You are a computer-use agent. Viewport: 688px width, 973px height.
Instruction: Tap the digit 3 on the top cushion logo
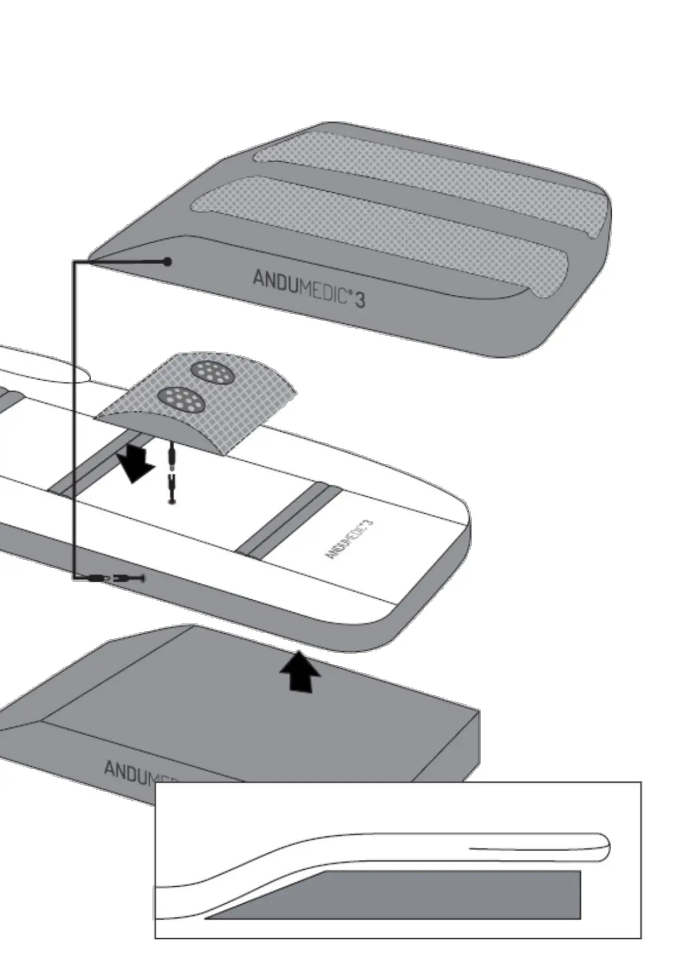click(x=359, y=299)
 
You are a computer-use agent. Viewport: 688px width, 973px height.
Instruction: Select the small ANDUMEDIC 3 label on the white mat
click(x=349, y=539)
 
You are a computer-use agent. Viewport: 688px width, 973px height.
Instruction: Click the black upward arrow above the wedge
click(x=299, y=671)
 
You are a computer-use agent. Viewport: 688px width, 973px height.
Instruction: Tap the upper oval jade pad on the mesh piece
click(x=213, y=372)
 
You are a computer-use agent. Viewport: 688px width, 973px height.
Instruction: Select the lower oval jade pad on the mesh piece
click(x=181, y=399)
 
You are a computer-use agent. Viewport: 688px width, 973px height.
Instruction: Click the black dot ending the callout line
click(x=168, y=262)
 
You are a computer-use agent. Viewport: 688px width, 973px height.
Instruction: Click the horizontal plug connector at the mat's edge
click(x=116, y=577)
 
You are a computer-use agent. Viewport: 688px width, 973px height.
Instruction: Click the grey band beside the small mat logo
click(x=292, y=519)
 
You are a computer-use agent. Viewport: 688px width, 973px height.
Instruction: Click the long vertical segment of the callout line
click(x=75, y=416)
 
